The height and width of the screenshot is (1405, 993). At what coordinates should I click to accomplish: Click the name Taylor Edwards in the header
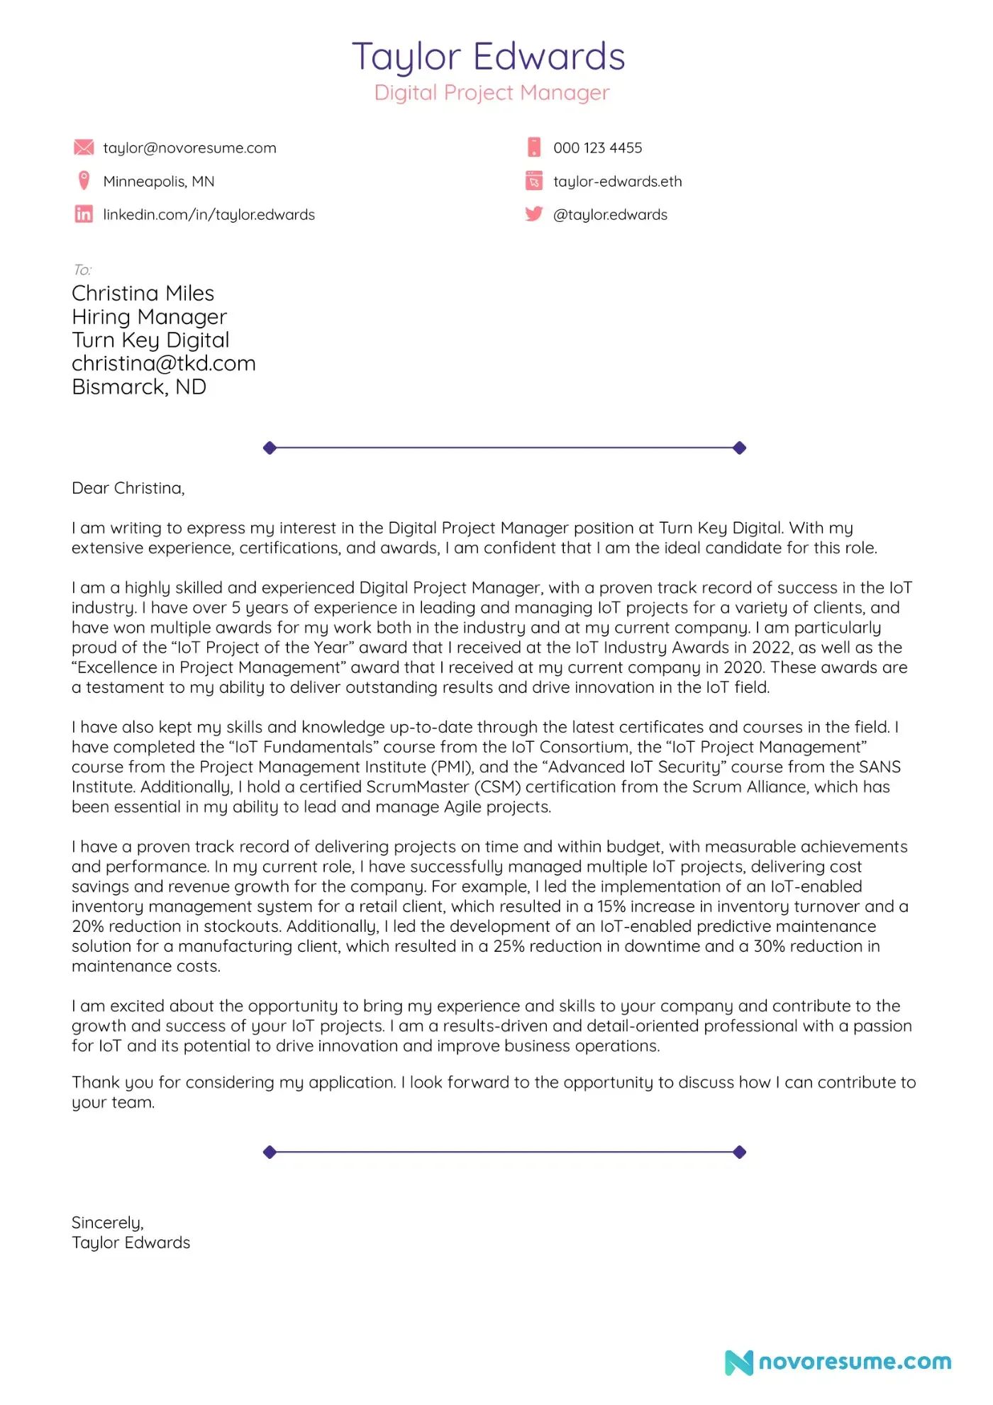pos(488,57)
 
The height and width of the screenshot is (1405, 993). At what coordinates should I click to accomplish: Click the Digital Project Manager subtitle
pos(492,93)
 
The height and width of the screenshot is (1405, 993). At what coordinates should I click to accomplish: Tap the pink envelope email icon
pos(84,148)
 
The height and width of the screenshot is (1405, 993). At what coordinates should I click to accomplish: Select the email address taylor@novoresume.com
pos(189,148)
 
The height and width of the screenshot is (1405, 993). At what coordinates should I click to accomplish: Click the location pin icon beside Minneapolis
pos(84,181)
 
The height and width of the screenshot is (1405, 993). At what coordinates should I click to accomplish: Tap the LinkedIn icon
pos(84,214)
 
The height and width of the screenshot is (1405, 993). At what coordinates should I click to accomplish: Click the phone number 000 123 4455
pos(597,148)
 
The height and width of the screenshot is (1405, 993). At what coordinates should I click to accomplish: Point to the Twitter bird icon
pos(533,213)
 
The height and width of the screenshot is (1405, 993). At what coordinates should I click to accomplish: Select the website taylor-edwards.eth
pos(617,182)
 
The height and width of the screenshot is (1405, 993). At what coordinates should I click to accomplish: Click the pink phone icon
pos(533,148)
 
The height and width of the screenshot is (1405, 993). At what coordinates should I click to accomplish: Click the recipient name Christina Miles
pos(143,294)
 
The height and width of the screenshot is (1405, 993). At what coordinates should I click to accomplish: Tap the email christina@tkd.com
pos(163,364)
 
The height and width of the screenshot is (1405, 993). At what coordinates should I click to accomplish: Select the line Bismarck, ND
pos(139,387)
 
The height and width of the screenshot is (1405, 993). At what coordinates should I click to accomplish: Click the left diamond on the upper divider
pos(270,448)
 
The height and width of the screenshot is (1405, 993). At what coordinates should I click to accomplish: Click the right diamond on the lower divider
pos(739,1152)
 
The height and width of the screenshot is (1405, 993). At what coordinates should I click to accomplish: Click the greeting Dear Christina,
pos(128,489)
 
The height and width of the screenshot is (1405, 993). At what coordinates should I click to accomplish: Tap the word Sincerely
pos(106,1223)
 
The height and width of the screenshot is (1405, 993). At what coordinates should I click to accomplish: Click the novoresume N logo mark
pos(738,1362)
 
